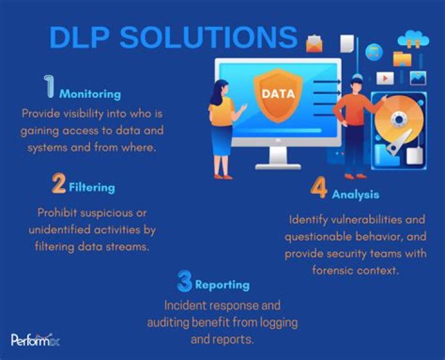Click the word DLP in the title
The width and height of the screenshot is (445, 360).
click(x=80, y=38)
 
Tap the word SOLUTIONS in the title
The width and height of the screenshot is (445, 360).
click(x=209, y=38)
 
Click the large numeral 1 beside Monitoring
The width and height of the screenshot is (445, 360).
click(x=49, y=87)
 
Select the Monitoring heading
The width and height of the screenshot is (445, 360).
click(x=90, y=94)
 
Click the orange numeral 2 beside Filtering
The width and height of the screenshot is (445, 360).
click(x=59, y=184)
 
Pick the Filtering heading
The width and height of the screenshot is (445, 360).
click(x=92, y=187)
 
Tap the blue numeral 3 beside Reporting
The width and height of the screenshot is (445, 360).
click(x=184, y=281)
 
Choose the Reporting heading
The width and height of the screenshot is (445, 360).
click(x=222, y=285)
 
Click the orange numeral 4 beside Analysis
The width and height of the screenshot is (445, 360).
click(x=319, y=188)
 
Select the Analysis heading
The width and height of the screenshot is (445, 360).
click(x=355, y=195)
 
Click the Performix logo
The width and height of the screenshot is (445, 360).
click(x=35, y=340)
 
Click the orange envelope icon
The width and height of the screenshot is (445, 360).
click(x=314, y=43)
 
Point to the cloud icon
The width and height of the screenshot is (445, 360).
click(x=413, y=39)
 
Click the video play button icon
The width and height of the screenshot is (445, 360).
click(x=385, y=78)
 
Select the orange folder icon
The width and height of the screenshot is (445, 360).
click(x=402, y=59)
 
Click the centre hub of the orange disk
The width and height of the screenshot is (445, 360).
click(x=399, y=119)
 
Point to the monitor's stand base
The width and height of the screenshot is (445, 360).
click(x=278, y=167)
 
